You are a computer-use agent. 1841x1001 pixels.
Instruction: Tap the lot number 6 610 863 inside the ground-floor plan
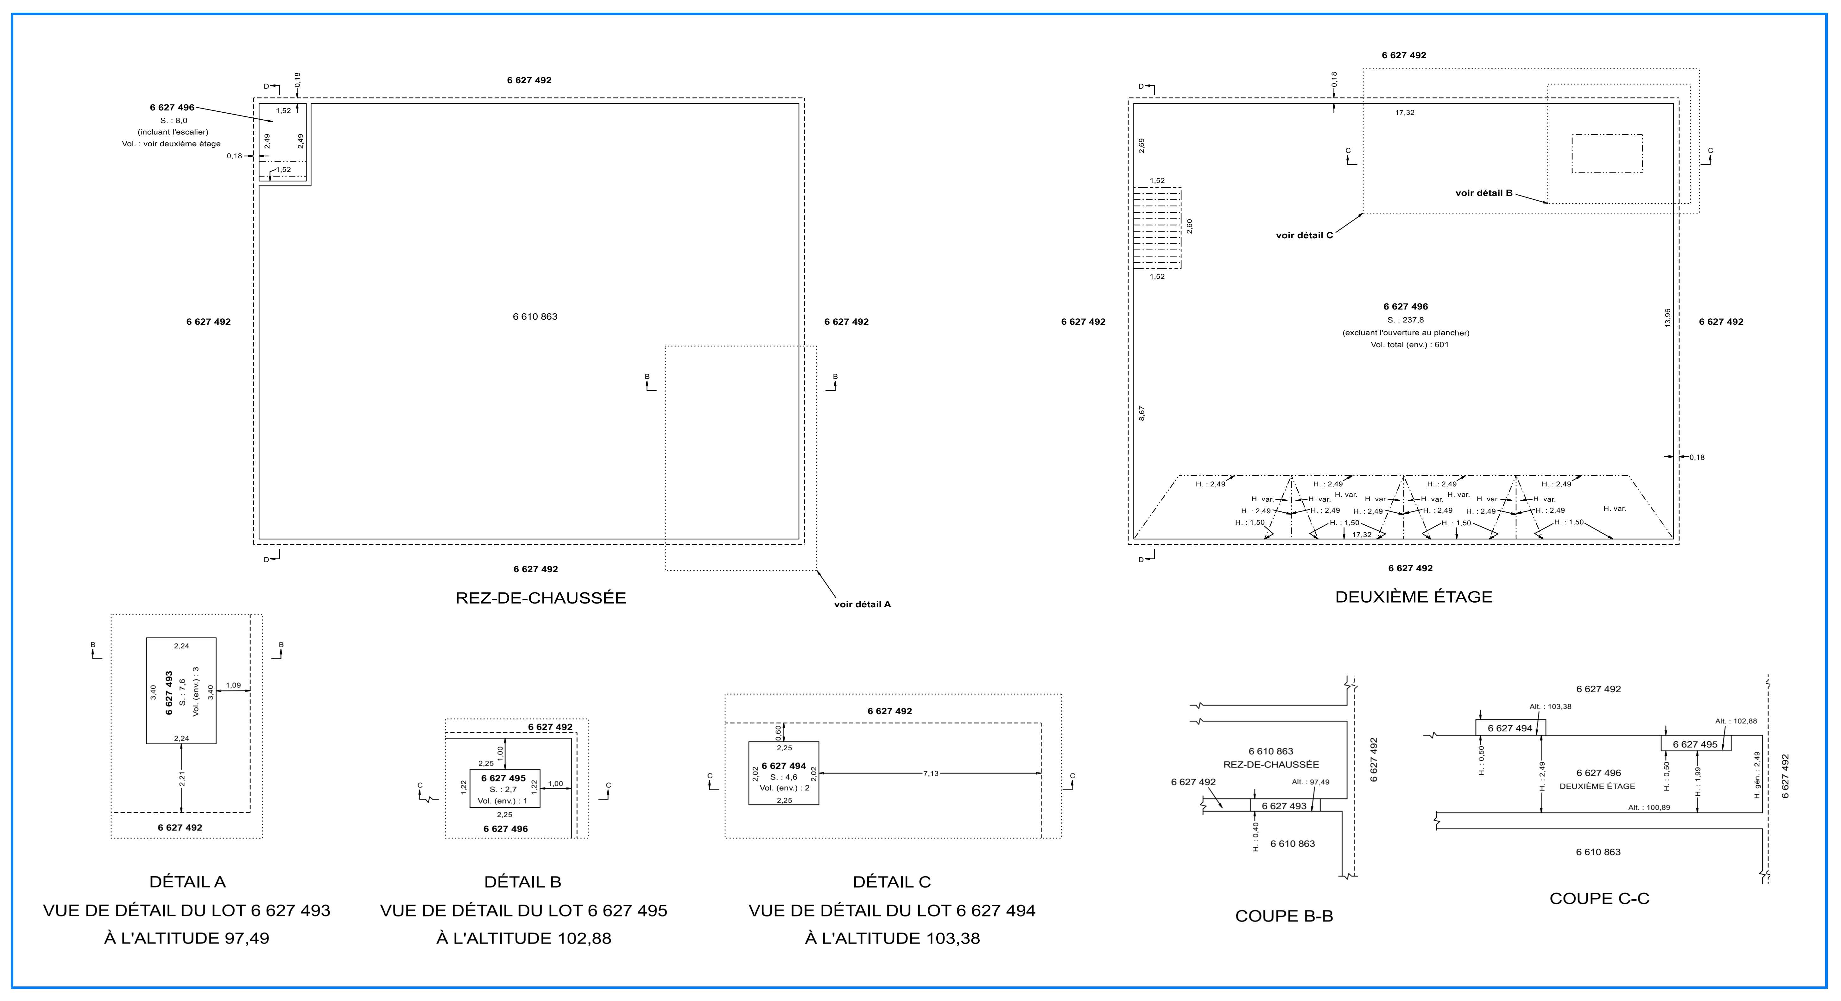(x=535, y=316)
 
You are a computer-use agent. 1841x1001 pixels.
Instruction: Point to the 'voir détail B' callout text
(x=1484, y=193)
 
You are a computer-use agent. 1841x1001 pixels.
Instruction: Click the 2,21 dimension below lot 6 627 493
(x=182, y=779)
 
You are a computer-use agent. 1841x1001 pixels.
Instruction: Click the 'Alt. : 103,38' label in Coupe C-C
(x=1550, y=707)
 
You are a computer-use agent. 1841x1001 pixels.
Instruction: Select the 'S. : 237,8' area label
(x=1405, y=320)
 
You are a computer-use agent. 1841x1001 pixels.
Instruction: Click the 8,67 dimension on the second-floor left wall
(x=1141, y=413)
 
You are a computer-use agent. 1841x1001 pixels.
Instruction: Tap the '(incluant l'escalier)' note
(x=173, y=132)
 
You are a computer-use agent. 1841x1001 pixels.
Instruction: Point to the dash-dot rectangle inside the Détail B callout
(x=1607, y=153)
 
